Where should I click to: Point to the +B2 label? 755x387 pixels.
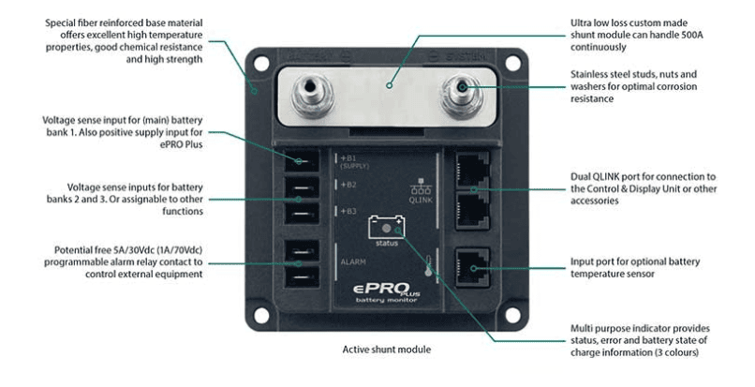point(348,185)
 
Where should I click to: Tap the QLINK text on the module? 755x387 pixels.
point(422,200)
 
